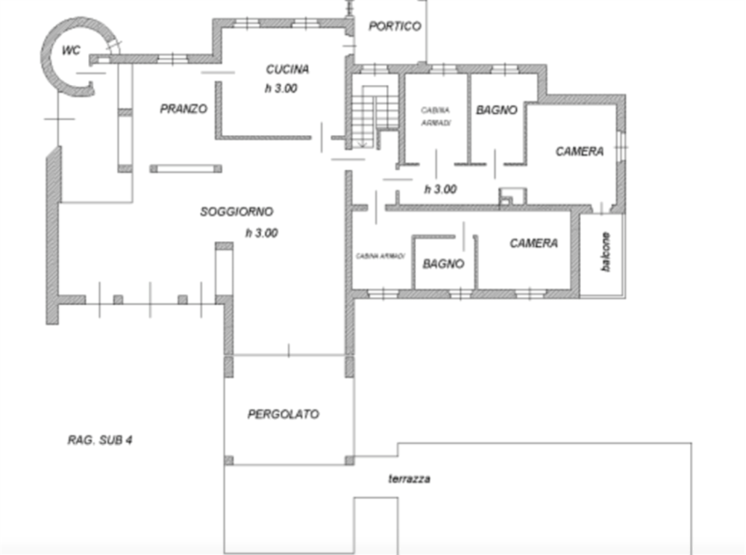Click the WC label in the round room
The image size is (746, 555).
71,50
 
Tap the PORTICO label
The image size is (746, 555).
395,26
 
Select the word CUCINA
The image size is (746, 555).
287,69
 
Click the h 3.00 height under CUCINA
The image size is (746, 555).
281,89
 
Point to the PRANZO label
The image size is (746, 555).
184,109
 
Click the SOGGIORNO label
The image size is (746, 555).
236,212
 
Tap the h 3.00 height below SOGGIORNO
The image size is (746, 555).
262,233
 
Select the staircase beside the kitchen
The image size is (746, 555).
375,116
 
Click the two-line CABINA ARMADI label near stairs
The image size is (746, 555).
436,116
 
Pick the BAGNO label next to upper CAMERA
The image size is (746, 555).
497,110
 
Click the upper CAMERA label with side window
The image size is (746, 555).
580,151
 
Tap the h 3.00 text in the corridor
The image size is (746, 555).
441,189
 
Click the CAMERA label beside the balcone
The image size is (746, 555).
534,243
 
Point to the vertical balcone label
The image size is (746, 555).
605,252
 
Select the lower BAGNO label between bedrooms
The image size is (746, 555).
443,263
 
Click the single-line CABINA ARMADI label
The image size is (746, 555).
380,256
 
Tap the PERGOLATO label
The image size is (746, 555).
283,414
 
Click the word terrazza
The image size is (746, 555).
410,479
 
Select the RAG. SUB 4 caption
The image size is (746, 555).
100,440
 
